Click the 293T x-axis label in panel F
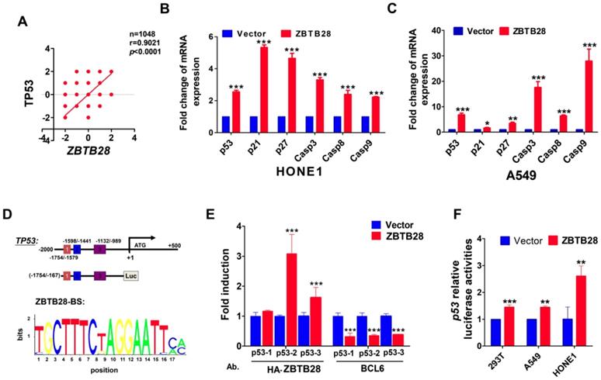click(505, 347)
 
